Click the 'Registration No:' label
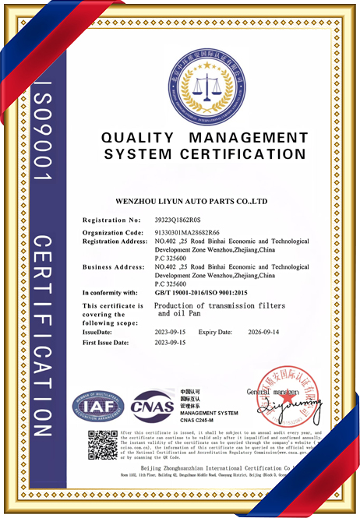pyautogui.click(x=112, y=220)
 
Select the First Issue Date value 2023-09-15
pyautogui.click(x=171, y=343)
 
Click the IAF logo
pyautogui.click(x=98, y=404)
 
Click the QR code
pyautogui.click(x=102, y=444)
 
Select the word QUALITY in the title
pyautogui.click(x=136, y=138)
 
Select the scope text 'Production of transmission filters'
pyautogui.click(x=220, y=305)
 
